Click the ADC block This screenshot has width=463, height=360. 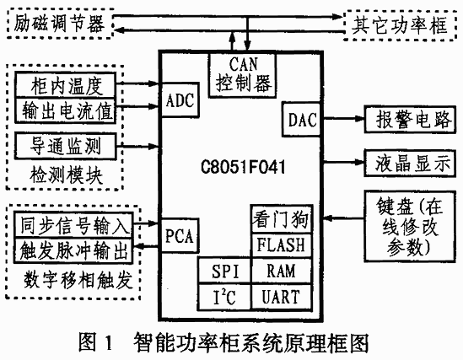180,100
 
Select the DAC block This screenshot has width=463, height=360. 301,119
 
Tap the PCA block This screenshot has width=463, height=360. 180,236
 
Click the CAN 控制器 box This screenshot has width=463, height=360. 243,75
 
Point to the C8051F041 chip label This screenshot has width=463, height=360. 243,167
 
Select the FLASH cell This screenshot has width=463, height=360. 281,245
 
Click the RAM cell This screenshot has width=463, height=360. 281,271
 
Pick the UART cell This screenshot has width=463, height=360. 281,297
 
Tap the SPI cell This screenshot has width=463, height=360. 224,271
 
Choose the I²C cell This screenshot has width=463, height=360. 224,297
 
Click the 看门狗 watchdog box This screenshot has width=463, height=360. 281,219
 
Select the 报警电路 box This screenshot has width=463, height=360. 411,120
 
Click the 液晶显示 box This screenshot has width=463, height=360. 411,164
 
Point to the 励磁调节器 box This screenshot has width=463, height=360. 59,24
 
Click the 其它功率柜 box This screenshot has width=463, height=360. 401,25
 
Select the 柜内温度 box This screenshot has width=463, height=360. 65,85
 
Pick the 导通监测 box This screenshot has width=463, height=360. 65,146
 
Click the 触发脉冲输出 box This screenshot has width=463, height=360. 73,250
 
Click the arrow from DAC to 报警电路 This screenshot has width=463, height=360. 343,119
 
